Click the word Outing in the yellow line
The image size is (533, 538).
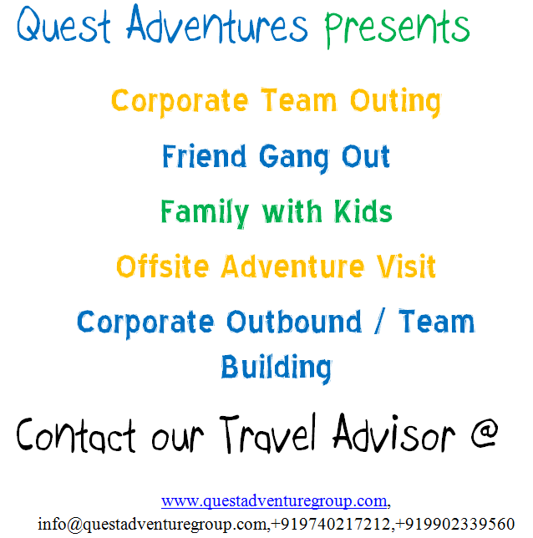(x=395, y=102)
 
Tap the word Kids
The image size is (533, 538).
(x=360, y=211)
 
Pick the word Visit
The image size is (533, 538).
(x=401, y=266)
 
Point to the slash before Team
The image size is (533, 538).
(x=377, y=322)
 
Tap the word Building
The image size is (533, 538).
(x=276, y=368)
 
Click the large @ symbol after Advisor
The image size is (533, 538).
(x=481, y=434)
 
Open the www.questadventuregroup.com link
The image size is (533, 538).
(x=274, y=501)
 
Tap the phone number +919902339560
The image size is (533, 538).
(x=455, y=524)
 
